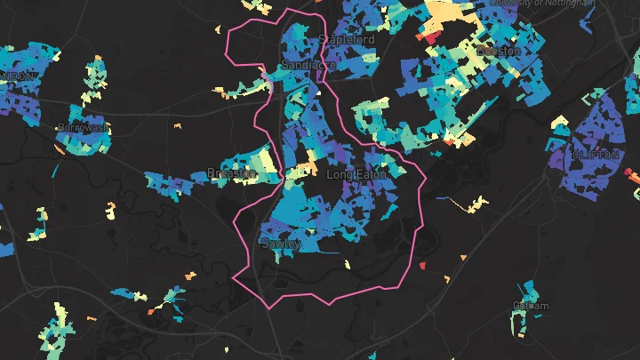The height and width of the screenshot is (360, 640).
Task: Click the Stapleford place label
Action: point(347,40)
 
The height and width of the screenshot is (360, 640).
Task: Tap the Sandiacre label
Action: point(307,66)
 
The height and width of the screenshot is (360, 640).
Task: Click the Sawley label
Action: point(281,243)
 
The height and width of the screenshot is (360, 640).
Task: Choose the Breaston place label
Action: point(231,172)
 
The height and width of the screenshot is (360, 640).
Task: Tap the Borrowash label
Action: point(83,128)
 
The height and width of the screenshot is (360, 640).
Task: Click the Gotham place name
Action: point(531,307)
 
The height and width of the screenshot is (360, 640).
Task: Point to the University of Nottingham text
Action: point(542,4)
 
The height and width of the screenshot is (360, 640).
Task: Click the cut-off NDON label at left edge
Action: point(18,76)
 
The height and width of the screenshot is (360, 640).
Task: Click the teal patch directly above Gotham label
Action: point(531,291)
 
